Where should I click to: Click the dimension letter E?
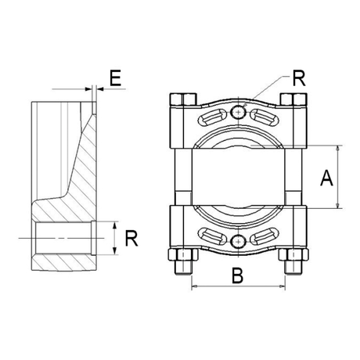[x=115, y=77]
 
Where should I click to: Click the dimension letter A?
[x=326, y=178]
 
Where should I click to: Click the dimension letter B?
[x=237, y=275]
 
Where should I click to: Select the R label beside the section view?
[x=131, y=238]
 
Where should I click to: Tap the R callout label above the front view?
[x=299, y=78]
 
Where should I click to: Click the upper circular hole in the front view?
[x=238, y=113]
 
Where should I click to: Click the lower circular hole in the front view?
[x=238, y=241]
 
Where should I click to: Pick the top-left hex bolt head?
[x=183, y=99]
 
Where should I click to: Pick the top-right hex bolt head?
[x=293, y=99]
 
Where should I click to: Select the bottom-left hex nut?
[x=183, y=254]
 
